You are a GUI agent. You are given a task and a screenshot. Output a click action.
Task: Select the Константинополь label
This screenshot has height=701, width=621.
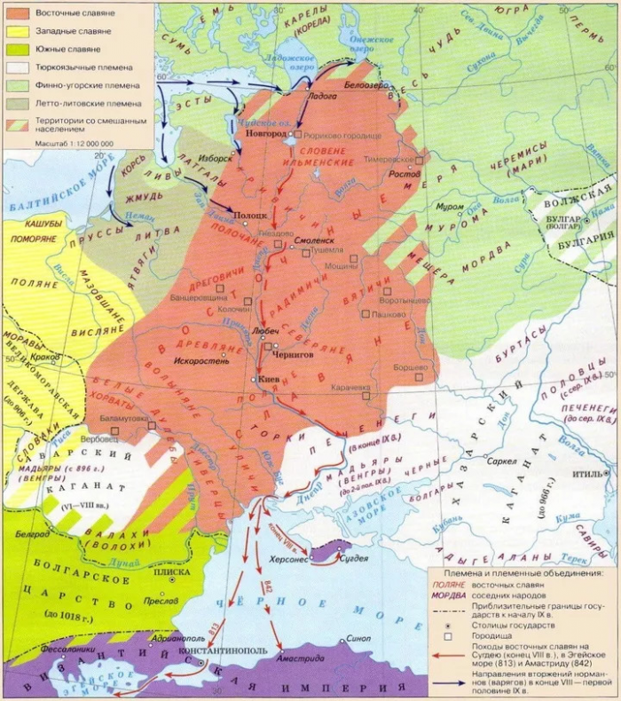pyautogui.click(x=224, y=650)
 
